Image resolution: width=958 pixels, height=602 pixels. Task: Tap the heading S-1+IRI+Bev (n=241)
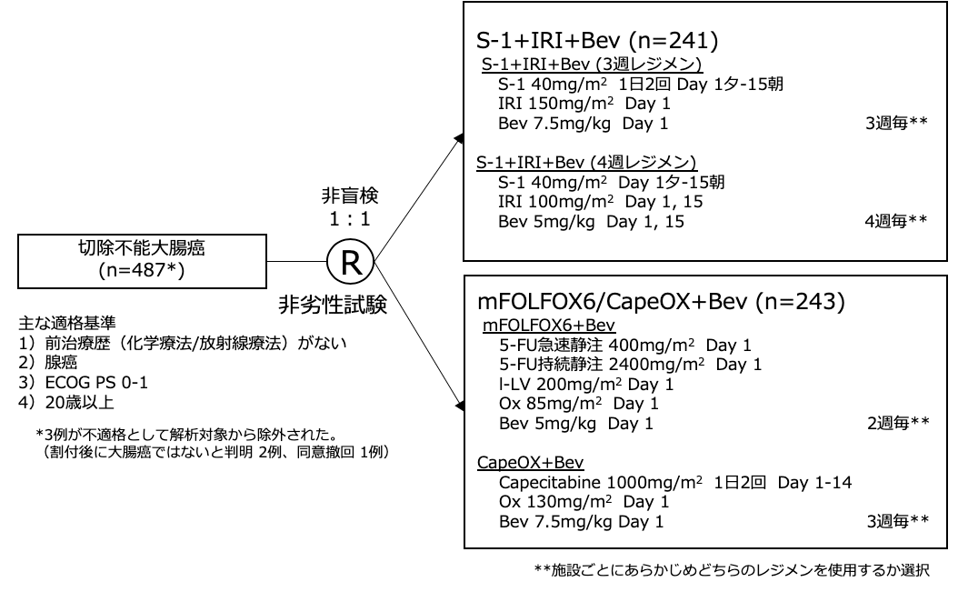tap(601, 42)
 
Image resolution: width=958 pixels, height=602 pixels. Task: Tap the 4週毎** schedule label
tap(896, 221)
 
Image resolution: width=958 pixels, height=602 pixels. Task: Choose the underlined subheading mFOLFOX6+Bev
tap(537, 325)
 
